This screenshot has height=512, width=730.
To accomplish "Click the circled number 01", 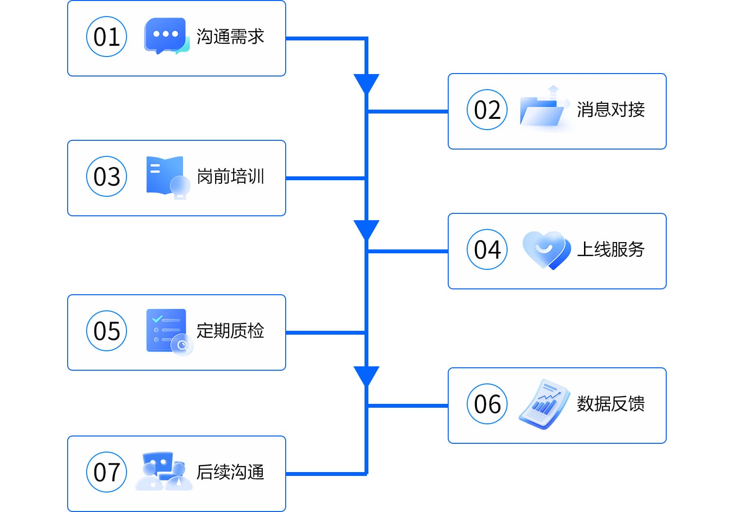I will point(107,37).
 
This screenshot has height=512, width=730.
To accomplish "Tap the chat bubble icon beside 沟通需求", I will point(166,36).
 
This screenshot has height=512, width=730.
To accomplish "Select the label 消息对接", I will point(611,110).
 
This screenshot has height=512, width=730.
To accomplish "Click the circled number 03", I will point(107,176).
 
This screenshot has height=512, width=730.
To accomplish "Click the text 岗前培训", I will point(230,176).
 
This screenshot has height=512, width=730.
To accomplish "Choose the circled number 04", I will point(487,249).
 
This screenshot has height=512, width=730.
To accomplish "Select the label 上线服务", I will point(611,249).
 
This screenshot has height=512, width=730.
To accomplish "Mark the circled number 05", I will point(107,331).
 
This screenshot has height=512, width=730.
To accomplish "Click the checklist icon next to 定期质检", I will point(168,331).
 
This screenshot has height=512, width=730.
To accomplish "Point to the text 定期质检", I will point(230,331).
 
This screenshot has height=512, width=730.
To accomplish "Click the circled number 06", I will point(487,404).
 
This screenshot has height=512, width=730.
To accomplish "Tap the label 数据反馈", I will point(611,404).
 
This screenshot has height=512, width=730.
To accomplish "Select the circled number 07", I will point(107,472).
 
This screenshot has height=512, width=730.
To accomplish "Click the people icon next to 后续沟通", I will point(164,471).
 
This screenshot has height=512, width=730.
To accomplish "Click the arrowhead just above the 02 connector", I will point(366,83).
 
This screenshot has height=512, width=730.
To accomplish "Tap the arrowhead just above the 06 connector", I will point(366,376).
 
